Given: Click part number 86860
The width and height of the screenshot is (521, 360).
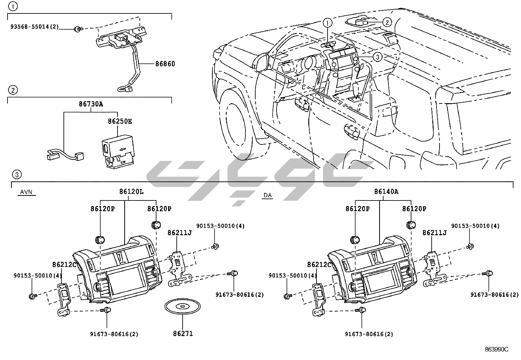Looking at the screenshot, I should click(165, 64).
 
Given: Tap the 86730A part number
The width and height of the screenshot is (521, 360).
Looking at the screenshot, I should click(91, 104).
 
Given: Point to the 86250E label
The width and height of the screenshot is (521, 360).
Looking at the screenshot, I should click(120, 121).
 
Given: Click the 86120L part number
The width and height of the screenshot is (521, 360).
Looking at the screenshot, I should click(131, 191).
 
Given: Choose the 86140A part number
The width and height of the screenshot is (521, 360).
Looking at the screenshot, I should click(386, 191).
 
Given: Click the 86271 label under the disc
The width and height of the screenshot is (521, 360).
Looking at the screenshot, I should click(183, 333).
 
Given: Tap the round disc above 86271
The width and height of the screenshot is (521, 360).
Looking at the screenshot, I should click(180, 307).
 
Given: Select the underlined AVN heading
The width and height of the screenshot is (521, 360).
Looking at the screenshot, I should click(26, 192).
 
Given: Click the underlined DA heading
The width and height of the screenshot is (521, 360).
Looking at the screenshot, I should click(267, 195).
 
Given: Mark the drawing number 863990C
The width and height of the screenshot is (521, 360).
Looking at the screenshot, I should click(496, 349).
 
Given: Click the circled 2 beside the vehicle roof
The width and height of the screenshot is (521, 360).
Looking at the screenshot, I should click(386, 22).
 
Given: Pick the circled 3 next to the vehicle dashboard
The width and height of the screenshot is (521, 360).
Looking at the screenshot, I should click(377, 57).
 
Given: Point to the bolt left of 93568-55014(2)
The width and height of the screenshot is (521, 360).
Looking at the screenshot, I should click(78, 29).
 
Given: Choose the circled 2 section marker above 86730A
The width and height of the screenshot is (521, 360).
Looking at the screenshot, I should click(12, 90).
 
